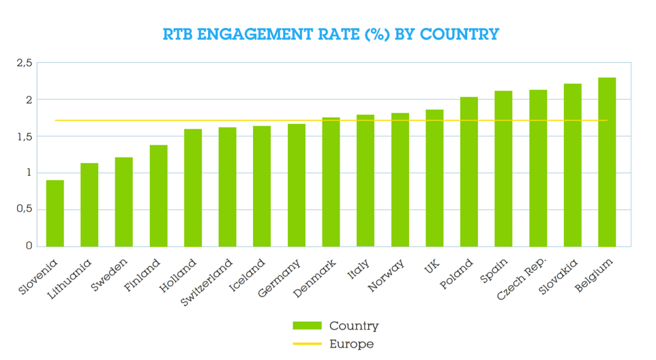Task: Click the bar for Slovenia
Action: pyautogui.click(x=55, y=213)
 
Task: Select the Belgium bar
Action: pyautogui.click(x=606, y=162)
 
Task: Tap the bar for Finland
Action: pyautogui.click(x=158, y=196)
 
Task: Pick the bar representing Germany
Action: pyautogui.click(x=296, y=185)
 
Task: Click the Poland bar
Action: pyautogui.click(x=468, y=172)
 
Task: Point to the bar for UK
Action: pyautogui.click(x=434, y=178)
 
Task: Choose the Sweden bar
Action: pyautogui.click(x=123, y=202)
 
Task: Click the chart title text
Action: pyautogui.click(x=331, y=34)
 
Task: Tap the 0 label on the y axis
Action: pyautogui.click(x=29, y=246)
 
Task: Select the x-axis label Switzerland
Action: pyautogui.click(x=207, y=282)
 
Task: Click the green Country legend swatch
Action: pyautogui.click(x=307, y=325)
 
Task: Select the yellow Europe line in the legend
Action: pyautogui.click(x=307, y=344)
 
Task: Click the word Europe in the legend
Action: pyautogui.click(x=351, y=344)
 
